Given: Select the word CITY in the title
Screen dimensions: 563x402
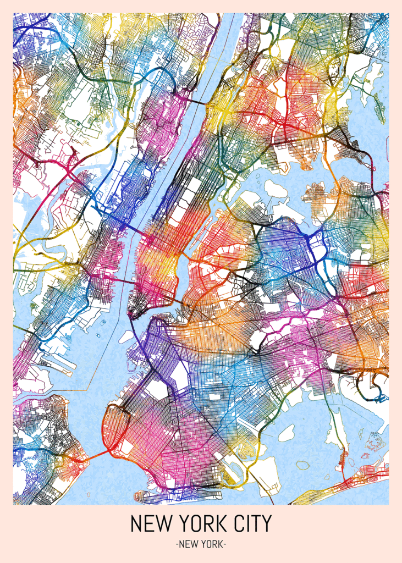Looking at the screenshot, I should [251, 523].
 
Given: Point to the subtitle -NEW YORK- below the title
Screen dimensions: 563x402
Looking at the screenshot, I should [201, 544].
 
